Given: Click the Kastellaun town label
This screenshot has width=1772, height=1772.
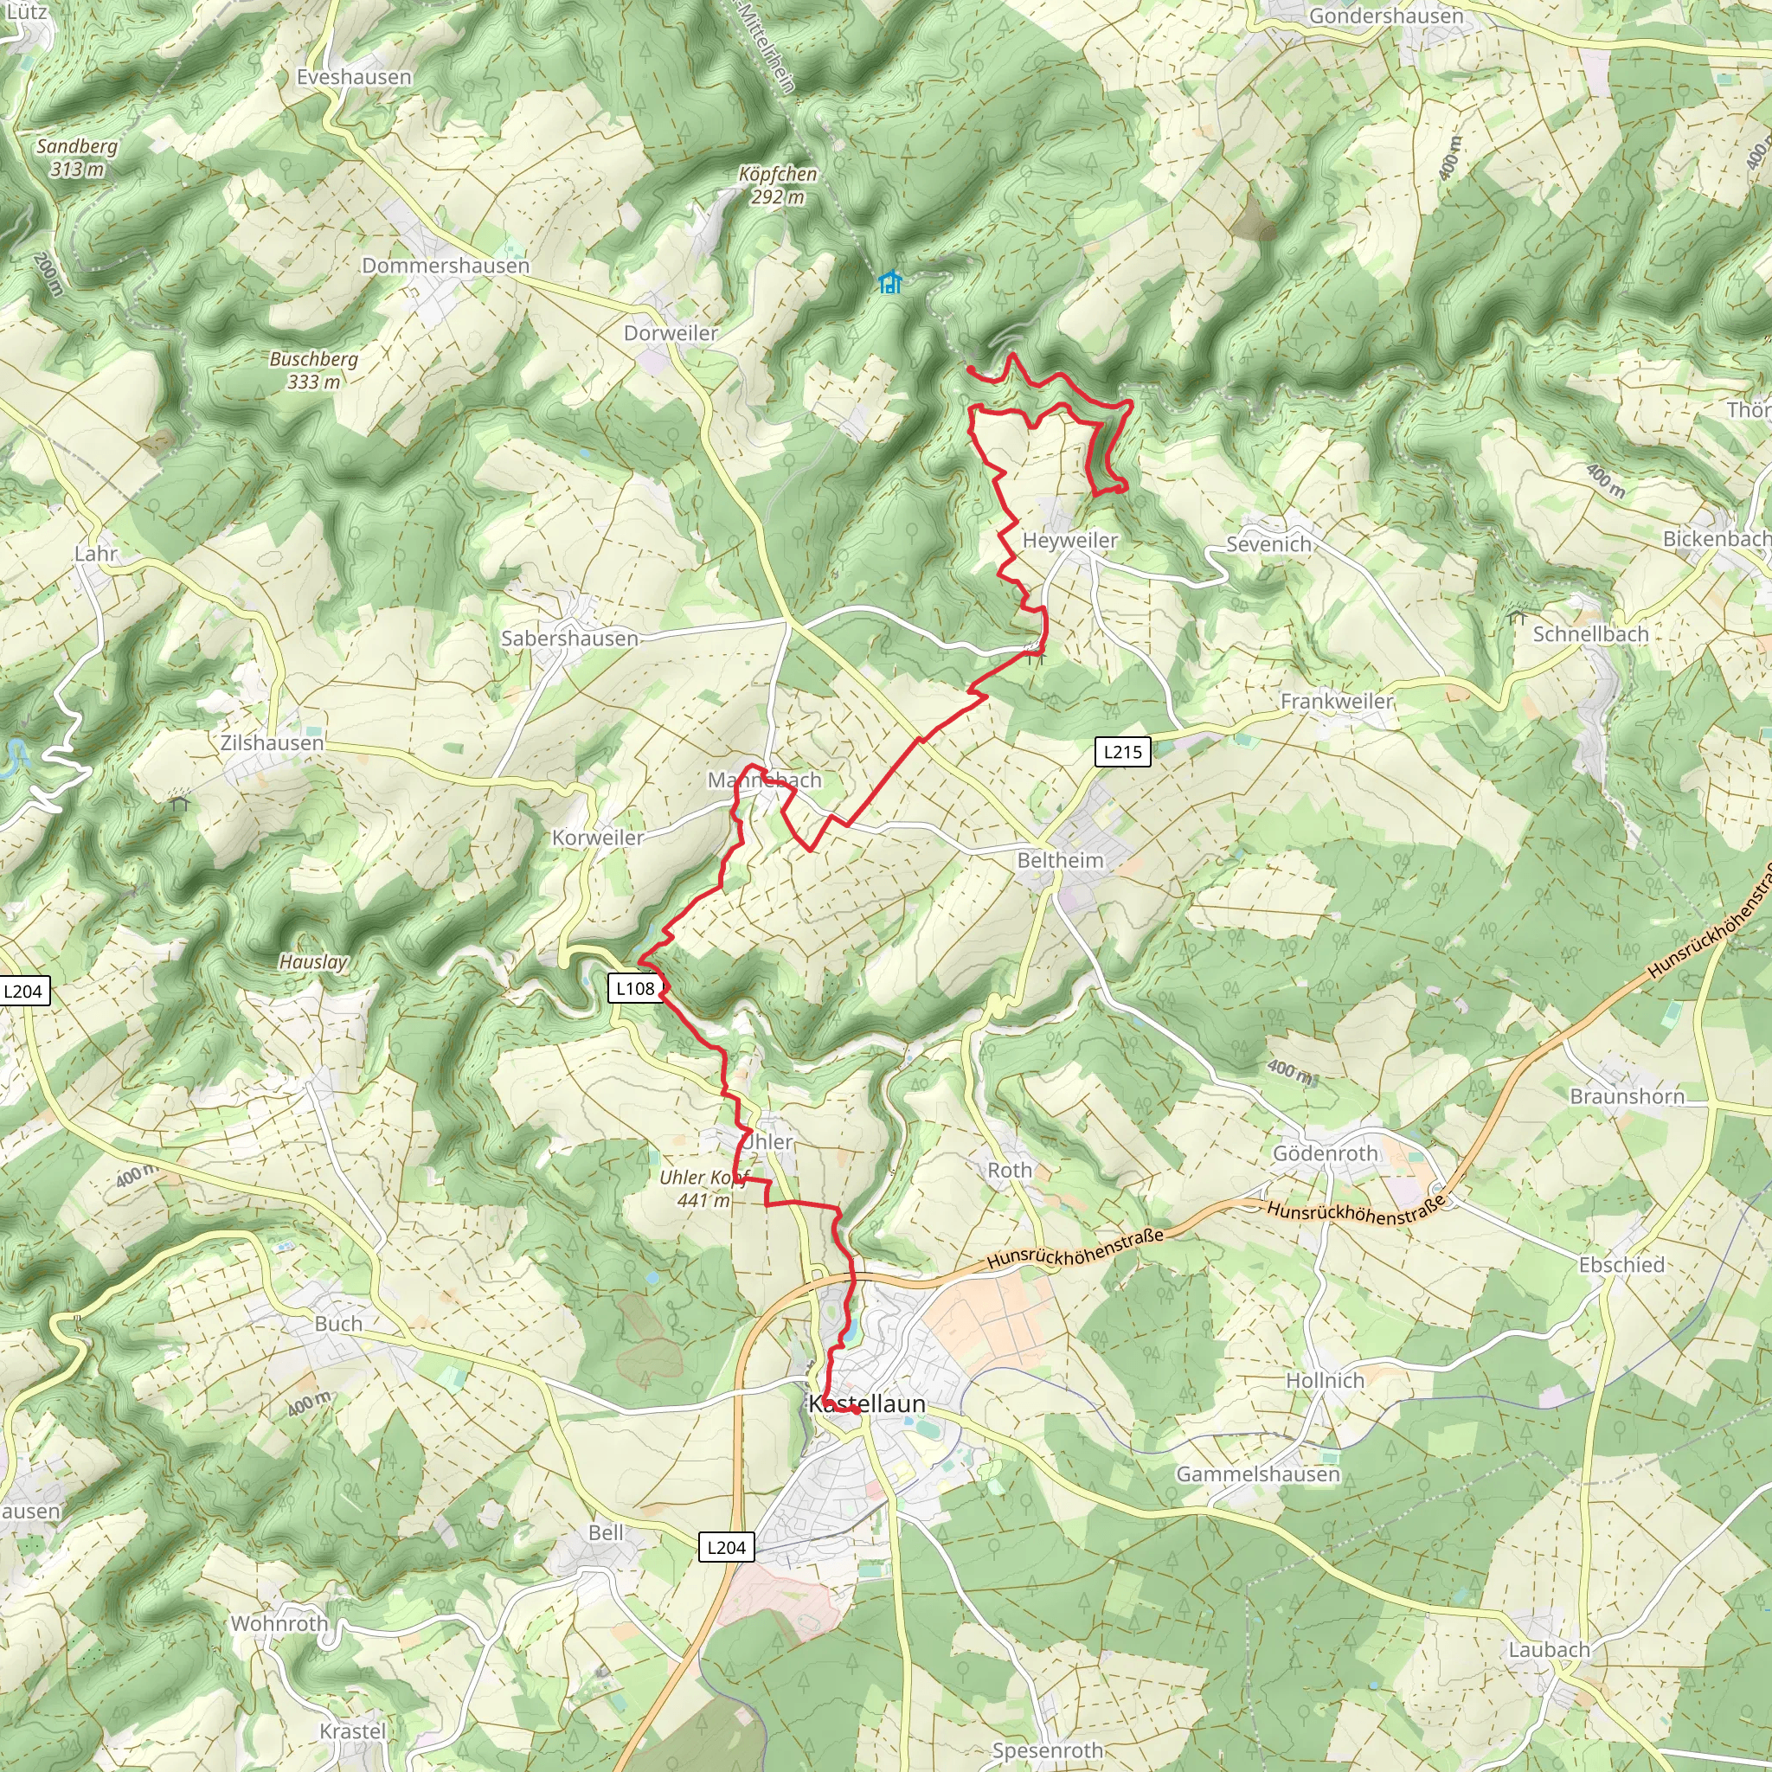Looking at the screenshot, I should (867, 1403).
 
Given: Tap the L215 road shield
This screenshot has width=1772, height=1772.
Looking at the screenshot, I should (1122, 752).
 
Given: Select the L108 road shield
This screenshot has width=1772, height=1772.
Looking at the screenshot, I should (635, 989).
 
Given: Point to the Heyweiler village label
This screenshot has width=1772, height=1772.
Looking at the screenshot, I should (1069, 540).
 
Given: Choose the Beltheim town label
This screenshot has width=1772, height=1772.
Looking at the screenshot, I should (1060, 860).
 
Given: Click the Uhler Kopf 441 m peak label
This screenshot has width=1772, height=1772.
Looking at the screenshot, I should (703, 1189).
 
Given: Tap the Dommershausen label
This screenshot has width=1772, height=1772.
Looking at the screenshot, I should (446, 266).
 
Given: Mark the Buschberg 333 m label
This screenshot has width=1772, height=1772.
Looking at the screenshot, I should (314, 370).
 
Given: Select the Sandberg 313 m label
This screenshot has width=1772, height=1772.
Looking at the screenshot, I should (77, 157).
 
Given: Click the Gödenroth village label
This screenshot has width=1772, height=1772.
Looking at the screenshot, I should (1326, 1154).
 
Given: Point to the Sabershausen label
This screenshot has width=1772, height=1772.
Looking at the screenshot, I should (569, 639).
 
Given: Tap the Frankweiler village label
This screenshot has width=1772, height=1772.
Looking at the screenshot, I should (1336, 702).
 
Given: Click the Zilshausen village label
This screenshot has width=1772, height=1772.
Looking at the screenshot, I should (273, 743).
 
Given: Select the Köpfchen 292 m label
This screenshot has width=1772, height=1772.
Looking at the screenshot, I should (778, 184).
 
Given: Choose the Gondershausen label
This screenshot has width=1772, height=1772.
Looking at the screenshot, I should (1386, 16).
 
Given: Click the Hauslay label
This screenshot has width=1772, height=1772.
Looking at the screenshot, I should (314, 962).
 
